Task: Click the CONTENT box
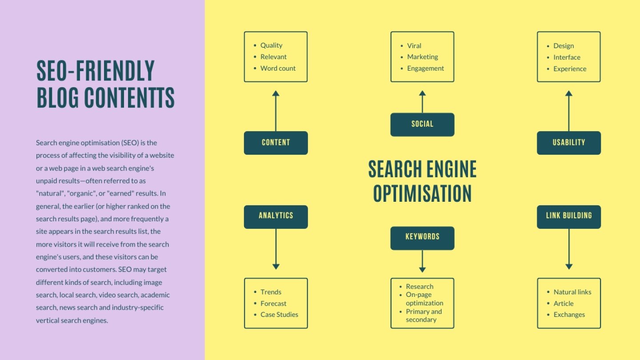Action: coord(276,143)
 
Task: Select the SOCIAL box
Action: coord(422,124)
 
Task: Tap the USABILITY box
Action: coord(569,143)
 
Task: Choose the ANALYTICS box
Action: coord(276,217)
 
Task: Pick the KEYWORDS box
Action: coord(422,238)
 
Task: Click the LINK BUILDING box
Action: coord(569,217)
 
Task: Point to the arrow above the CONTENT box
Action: coord(276,111)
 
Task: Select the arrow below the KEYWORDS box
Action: coord(422,261)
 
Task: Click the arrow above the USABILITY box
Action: coord(569,111)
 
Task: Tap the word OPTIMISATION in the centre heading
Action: coord(422,193)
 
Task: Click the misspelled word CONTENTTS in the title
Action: coord(129,98)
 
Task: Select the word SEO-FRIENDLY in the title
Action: coord(96,71)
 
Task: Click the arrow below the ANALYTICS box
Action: coord(276,249)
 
